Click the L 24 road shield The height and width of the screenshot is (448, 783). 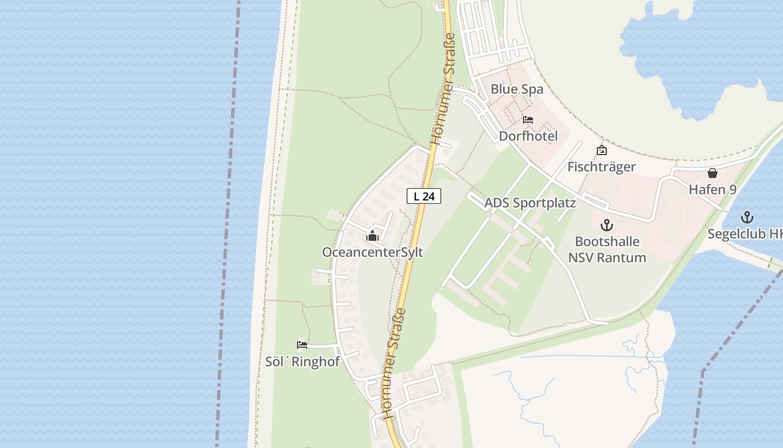(x=424, y=196)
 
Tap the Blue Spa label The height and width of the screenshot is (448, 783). (x=517, y=89)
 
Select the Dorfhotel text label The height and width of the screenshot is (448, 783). (x=528, y=136)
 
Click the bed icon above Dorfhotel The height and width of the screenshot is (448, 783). (x=528, y=120)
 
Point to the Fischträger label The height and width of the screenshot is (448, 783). (x=601, y=167)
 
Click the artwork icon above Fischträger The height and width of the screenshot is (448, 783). (x=602, y=150)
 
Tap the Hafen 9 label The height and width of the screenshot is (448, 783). (x=713, y=189)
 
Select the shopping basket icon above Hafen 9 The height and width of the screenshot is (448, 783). (x=713, y=173)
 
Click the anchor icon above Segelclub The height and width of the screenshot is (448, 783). (x=747, y=217)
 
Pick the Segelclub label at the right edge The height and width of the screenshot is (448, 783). (x=745, y=234)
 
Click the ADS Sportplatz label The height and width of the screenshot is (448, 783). (x=530, y=203)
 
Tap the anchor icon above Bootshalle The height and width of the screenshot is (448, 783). (x=607, y=225)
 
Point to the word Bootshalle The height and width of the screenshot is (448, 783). (x=607, y=242)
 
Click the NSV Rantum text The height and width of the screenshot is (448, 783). (x=607, y=258)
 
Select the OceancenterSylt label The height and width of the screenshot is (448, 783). (x=372, y=253)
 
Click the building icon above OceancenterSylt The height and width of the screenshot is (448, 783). (x=372, y=236)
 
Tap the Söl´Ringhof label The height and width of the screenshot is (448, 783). (x=302, y=362)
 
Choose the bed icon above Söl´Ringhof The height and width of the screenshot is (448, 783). (x=302, y=345)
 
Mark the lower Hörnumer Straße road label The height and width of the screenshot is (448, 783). (x=394, y=363)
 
